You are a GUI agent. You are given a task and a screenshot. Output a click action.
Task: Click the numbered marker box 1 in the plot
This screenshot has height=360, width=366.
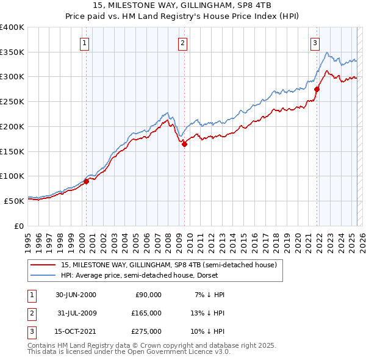[84, 43]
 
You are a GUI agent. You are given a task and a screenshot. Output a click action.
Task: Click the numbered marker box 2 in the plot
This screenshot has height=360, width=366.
[182, 43]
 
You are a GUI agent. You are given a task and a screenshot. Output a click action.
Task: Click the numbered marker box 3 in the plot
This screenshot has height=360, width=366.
[315, 43]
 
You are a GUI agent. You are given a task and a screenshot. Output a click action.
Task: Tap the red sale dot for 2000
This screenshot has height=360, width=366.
[87, 181]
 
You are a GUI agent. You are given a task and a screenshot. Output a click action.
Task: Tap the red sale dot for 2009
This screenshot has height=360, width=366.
[184, 144]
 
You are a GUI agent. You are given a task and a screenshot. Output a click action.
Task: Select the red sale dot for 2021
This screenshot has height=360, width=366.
[317, 89]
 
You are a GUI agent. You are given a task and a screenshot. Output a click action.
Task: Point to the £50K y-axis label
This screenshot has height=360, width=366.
[14, 200]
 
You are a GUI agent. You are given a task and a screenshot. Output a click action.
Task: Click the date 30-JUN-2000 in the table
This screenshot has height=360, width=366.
[76, 295]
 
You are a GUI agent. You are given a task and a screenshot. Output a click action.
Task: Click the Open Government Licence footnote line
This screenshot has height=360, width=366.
[129, 353]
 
